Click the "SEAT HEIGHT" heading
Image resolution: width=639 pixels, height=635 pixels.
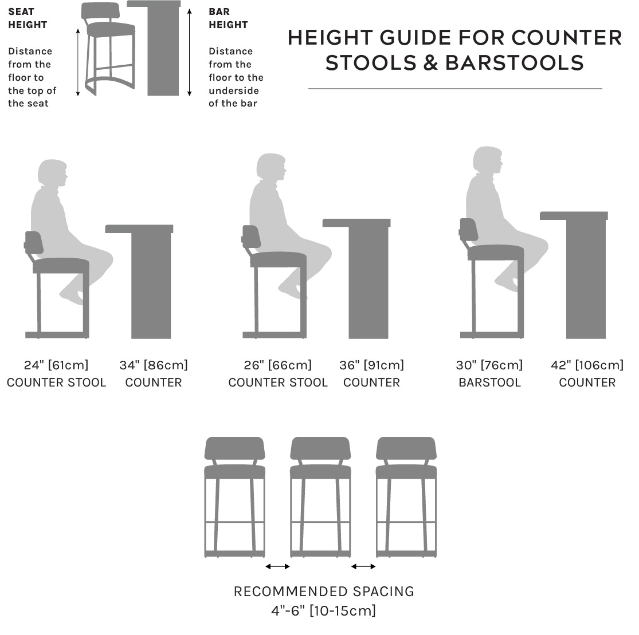coord(28,18)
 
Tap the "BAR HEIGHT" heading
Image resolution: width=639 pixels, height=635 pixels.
coord(228,18)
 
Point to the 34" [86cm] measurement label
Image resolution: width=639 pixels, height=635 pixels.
coord(154,365)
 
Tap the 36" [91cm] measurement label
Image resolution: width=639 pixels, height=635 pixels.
coord(371,365)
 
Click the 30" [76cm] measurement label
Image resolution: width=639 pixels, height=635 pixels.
coord(489,365)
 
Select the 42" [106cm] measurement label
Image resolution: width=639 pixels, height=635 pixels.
coord(587,365)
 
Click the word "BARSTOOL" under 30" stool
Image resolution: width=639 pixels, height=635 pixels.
coord(489,382)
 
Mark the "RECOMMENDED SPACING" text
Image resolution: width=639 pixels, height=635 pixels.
coord(324,591)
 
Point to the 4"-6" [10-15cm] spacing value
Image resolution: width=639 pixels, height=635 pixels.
coord(324,610)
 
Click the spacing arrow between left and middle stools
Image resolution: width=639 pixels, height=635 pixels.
coord(277,566)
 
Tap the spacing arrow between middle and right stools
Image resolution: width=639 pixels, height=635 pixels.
coord(363,566)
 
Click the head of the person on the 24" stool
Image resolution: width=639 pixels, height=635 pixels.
coord(53,173)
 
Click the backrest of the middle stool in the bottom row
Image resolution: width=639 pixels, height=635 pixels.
coord(320,448)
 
